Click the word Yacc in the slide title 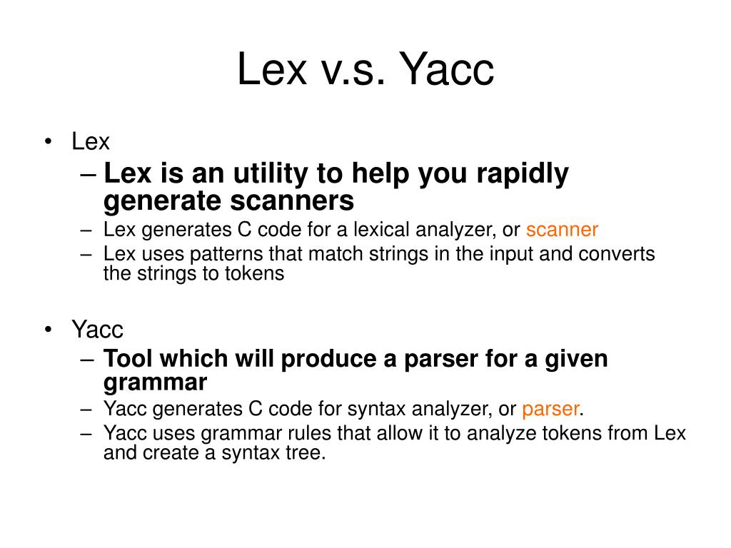pyautogui.click(x=447, y=69)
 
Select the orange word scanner pyautogui.click(x=563, y=230)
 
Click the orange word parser pyautogui.click(x=550, y=410)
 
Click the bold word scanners pyautogui.click(x=292, y=201)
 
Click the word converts pyautogui.click(x=616, y=254)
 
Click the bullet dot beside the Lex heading pyautogui.click(x=48, y=141)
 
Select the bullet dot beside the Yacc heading pyautogui.click(x=48, y=330)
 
